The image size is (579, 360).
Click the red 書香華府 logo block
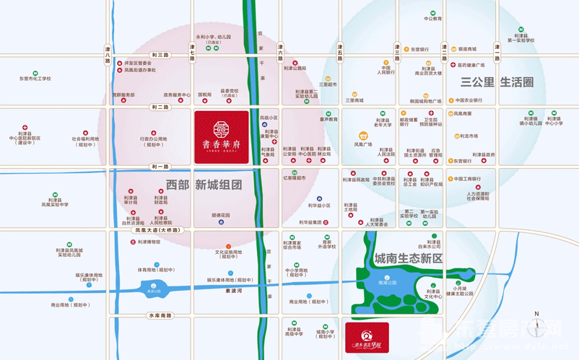pyautogui.click(x=221, y=137)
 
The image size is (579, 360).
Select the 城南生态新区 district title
pyautogui.click(x=408, y=258)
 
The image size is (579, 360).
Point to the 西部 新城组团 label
pyautogui.click(x=213, y=185)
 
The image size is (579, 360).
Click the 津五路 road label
pyautogui.click(x=339, y=53)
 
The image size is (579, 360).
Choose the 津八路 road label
pyautogui.click(x=107, y=55)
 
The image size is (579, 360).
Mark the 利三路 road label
pyautogui.click(x=160, y=55)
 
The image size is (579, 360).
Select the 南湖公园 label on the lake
pyautogui.click(x=388, y=283)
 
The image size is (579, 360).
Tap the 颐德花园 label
pyautogui.click(x=220, y=215)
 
